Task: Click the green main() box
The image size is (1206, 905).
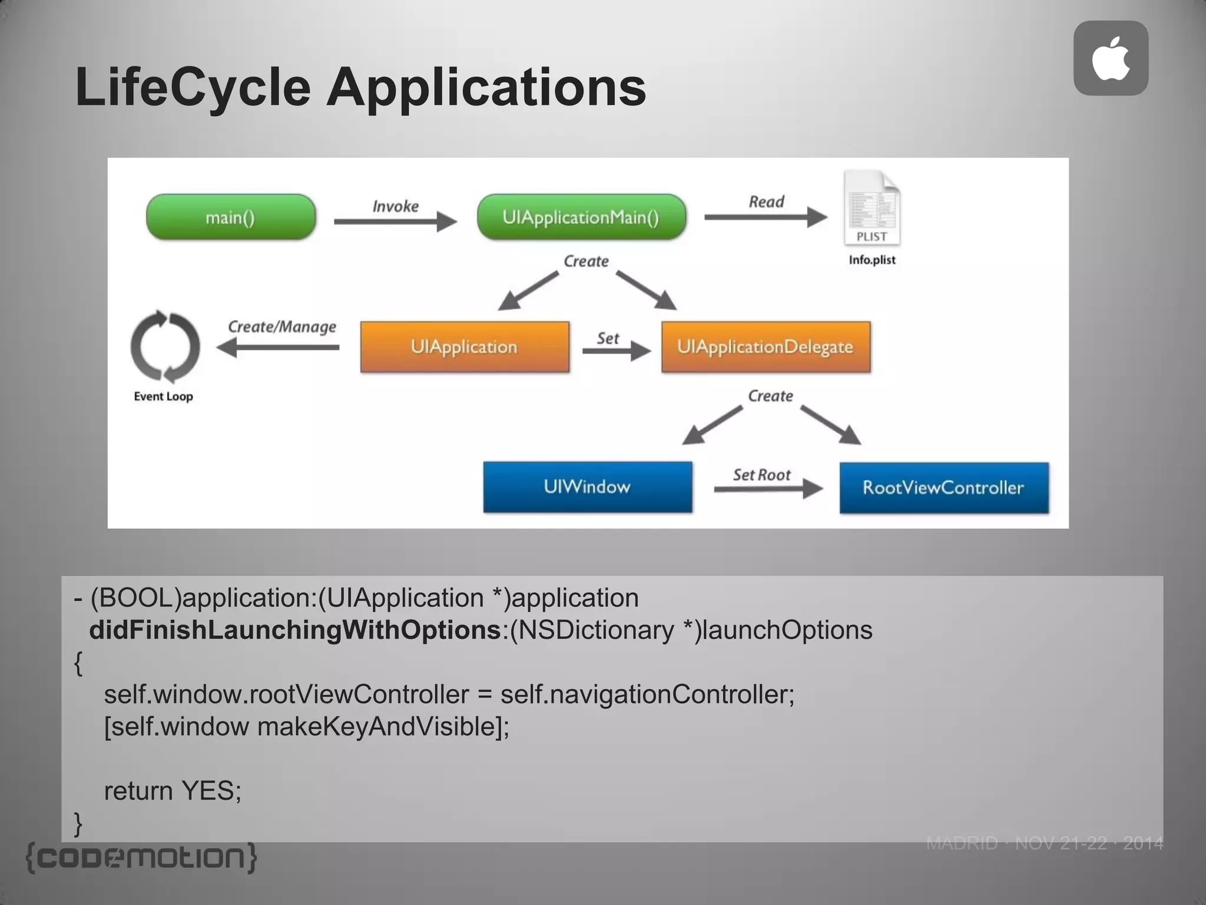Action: point(231,217)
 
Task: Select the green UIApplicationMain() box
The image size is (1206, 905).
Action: point(581,217)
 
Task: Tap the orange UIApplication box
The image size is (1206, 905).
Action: point(465,346)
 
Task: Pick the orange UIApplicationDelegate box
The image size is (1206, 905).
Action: point(766,346)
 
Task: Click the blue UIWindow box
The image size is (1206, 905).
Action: point(588,487)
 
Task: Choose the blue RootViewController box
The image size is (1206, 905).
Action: point(944,487)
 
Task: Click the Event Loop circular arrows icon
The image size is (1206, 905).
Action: point(165,346)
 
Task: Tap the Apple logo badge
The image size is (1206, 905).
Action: point(1111,58)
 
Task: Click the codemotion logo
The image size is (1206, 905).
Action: point(142,857)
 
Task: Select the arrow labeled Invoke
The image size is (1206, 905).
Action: point(395,222)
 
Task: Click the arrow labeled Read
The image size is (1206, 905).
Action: point(766,217)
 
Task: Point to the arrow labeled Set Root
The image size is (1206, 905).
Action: point(768,488)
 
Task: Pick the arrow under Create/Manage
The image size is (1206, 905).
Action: point(278,348)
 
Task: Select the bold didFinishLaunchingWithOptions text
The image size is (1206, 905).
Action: point(294,630)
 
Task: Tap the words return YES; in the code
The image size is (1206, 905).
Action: point(173,791)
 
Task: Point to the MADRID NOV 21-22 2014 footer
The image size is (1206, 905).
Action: point(1045,843)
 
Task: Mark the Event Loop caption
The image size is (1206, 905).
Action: point(163,397)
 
